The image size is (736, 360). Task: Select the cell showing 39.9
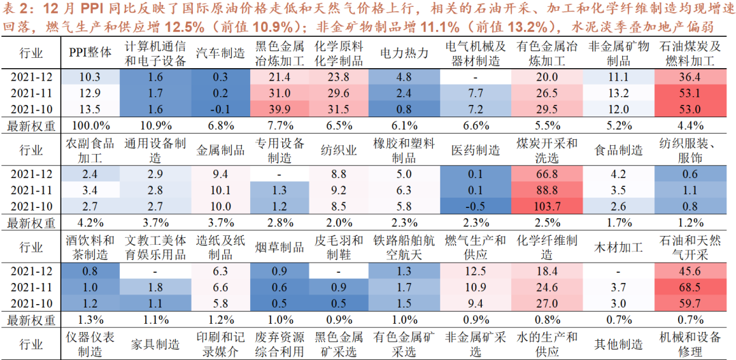click(x=281, y=108)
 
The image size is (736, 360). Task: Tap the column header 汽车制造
click(x=220, y=53)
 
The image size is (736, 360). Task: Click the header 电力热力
click(x=403, y=53)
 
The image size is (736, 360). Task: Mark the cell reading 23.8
click(x=339, y=77)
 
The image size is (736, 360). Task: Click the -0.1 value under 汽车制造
click(x=220, y=108)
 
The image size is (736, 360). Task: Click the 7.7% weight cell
click(x=281, y=126)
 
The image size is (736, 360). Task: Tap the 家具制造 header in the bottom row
click(x=156, y=344)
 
